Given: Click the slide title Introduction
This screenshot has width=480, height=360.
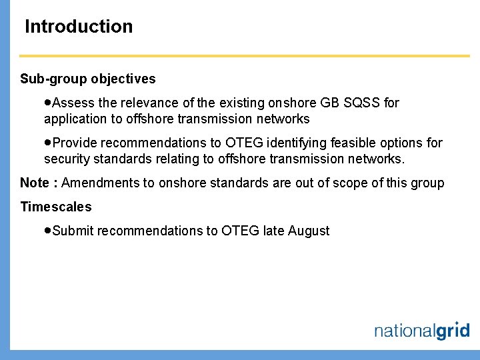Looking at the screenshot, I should [79, 27].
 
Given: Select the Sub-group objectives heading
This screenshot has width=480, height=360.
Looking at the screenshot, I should [88, 79].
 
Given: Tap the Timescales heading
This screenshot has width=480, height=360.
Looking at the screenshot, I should [56, 207].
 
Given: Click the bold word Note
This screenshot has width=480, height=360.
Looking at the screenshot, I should [33, 183].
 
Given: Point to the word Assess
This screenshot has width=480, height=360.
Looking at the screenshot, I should [73, 103].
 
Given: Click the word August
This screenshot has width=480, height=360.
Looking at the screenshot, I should [309, 231].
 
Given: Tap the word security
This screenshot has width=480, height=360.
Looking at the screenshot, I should [66, 159].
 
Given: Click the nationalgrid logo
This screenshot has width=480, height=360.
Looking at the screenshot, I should [421, 330].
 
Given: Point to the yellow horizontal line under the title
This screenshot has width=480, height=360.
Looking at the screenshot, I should [245, 55].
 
